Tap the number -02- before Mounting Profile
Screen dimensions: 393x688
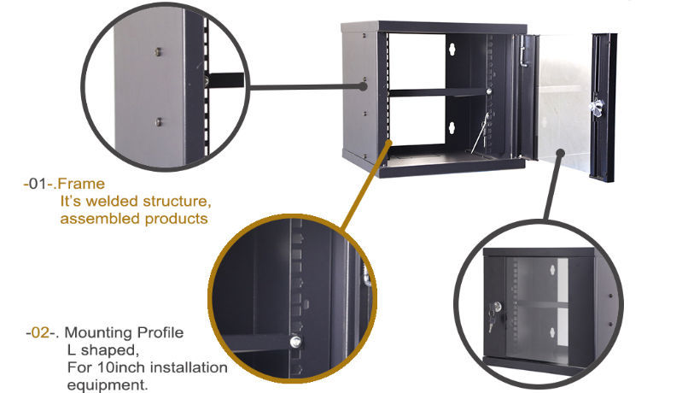click(42, 331)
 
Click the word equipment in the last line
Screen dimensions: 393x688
click(103, 384)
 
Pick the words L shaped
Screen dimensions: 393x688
click(102, 349)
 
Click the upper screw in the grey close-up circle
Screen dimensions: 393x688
click(159, 53)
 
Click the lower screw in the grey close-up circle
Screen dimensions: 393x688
click(159, 121)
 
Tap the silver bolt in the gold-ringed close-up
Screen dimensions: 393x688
click(294, 342)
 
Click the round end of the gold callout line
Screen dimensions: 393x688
click(388, 142)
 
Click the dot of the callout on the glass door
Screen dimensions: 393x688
click(560, 153)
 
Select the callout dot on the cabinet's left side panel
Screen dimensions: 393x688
click(364, 85)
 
